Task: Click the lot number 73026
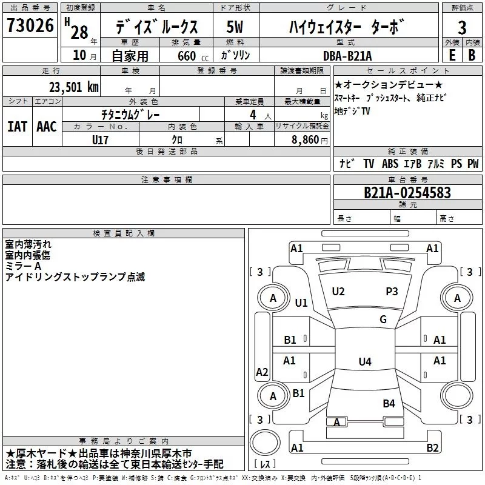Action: click(x=30, y=25)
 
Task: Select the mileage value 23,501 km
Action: click(x=74, y=87)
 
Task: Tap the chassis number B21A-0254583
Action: click(x=407, y=193)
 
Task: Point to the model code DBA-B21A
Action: click(x=347, y=56)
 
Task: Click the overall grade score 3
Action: click(x=462, y=28)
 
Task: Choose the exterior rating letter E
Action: click(x=452, y=55)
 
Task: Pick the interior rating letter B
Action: click(x=472, y=55)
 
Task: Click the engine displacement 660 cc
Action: click(x=193, y=56)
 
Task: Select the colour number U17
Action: click(x=100, y=140)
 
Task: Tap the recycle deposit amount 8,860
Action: click(x=306, y=140)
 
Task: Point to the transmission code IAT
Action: click(x=17, y=127)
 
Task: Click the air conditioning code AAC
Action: click(x=47, y=127)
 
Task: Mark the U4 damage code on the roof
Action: click(x=365, y=361)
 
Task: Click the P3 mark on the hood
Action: click(x=392, y=292)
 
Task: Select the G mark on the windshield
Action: click(x=383, y=319)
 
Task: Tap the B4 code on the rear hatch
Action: click(x=389, y=403)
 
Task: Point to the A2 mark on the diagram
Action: click(x=262, y=372)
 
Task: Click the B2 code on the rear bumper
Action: click(x=432, y=447)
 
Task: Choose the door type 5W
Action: click(x=235, y=27)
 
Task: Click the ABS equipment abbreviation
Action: click(x=390, y=163)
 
